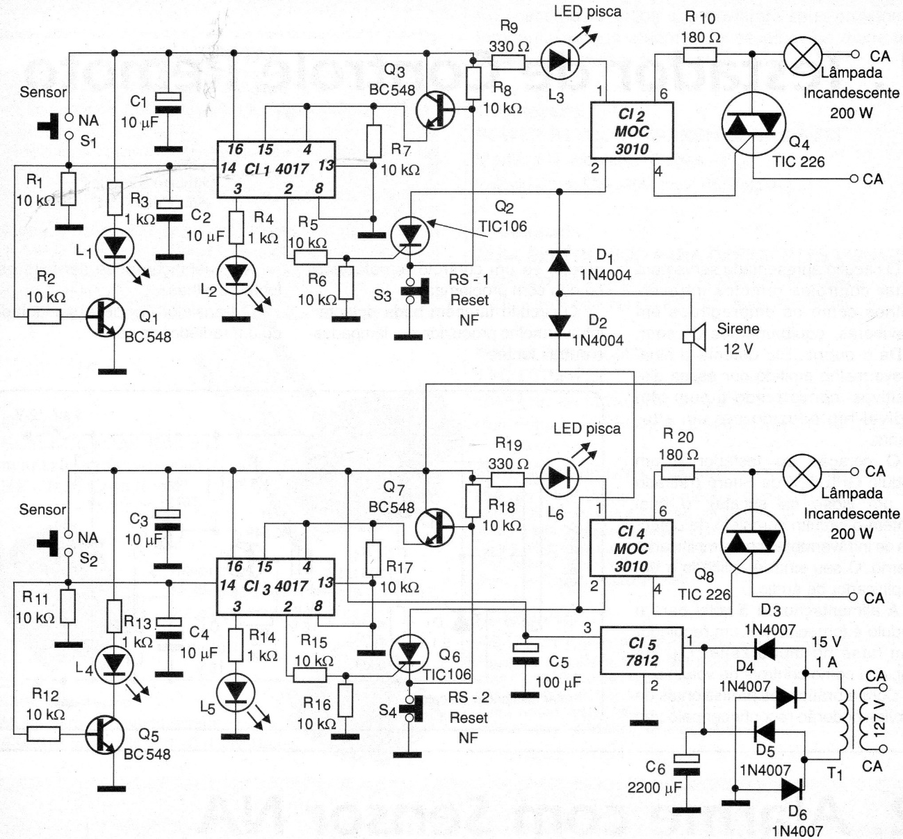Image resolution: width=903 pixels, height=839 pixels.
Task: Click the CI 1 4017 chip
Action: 277,169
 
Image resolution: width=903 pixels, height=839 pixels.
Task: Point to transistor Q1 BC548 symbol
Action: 105,317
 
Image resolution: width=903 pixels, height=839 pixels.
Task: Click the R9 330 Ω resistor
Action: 508,63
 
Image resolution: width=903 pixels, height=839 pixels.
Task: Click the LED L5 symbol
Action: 237,693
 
